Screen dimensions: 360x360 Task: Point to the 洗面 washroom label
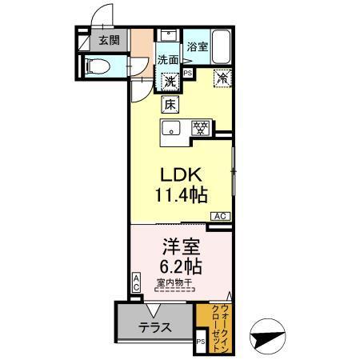coord(168,59)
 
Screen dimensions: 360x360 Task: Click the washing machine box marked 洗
coord(170,80)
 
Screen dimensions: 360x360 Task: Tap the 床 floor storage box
coord(170,102)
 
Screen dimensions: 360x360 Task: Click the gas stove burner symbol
coord(200,128)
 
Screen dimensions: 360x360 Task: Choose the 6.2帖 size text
coord(180,266)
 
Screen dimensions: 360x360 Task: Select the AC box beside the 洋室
coord(136,282)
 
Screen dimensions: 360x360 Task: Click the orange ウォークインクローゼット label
coord(214,323)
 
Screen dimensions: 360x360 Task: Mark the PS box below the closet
coord(200,343)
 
